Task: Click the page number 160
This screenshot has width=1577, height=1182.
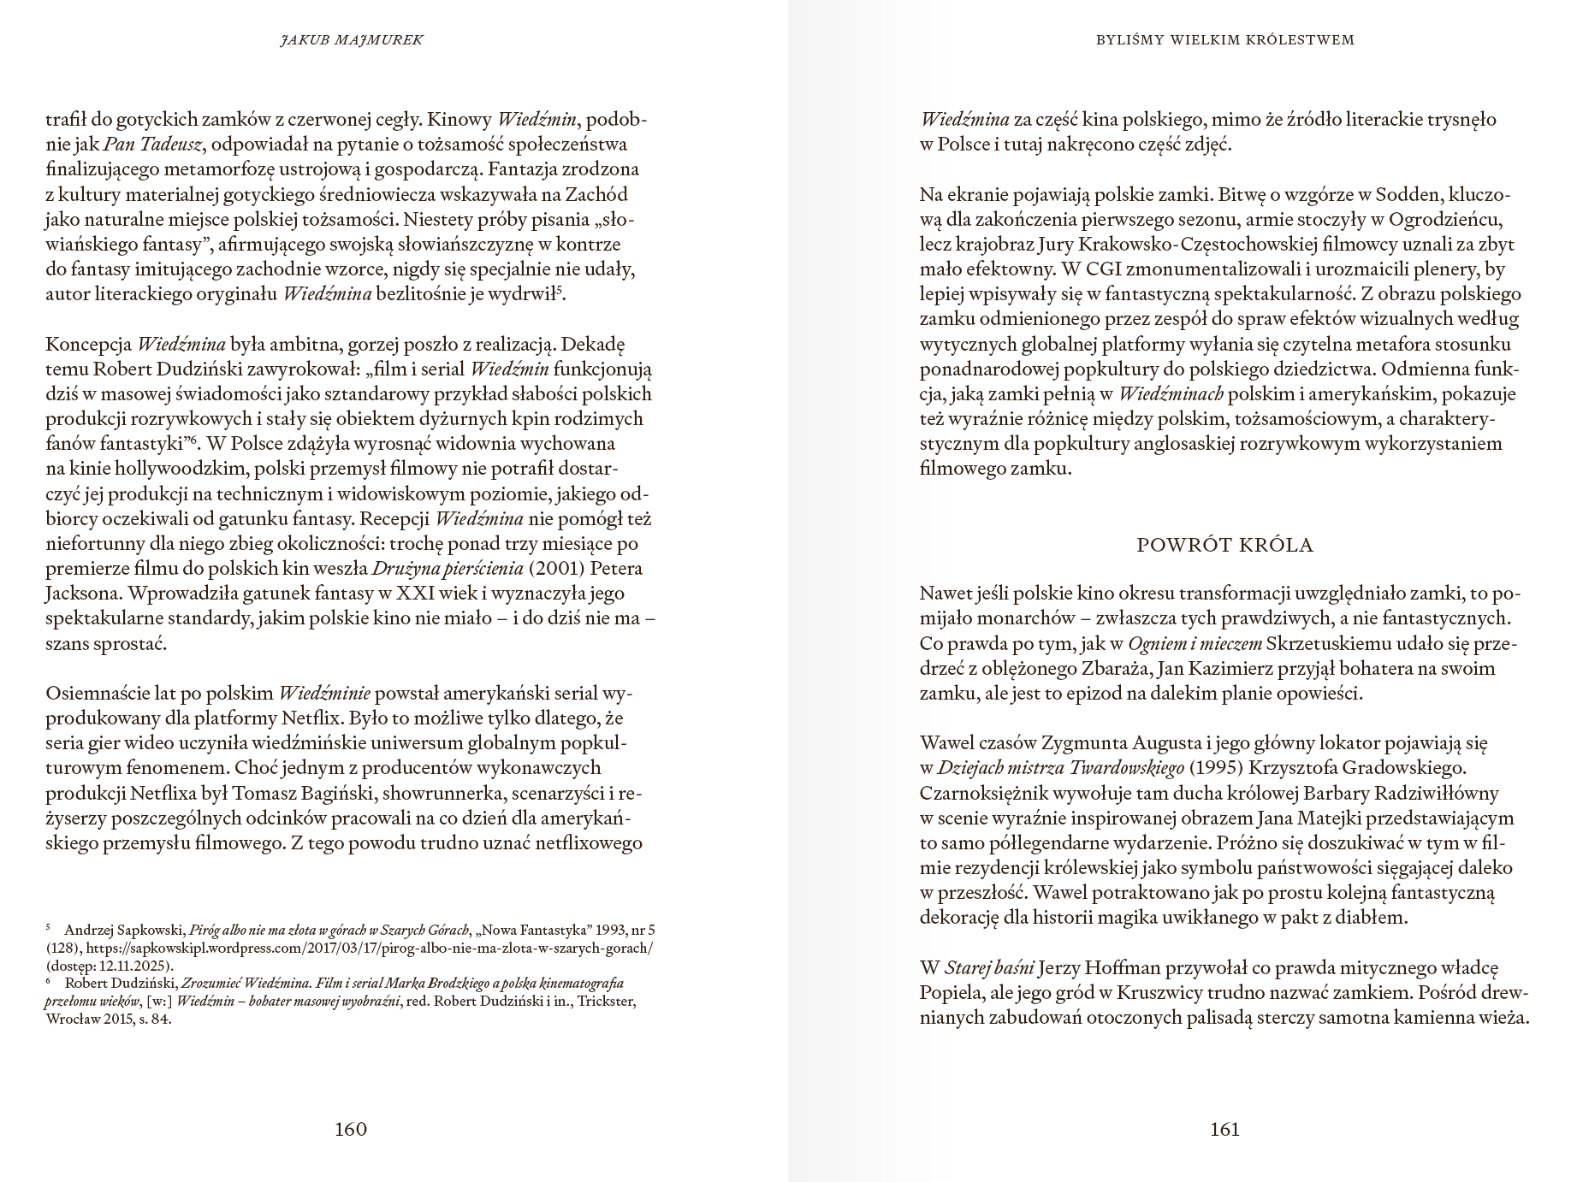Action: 351,1129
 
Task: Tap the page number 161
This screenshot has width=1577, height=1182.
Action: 1224,1129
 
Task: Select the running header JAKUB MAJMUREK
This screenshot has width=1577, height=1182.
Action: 351,39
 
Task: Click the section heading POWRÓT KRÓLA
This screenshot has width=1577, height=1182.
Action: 1224,545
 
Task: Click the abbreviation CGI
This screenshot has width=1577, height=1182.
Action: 1086,269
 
